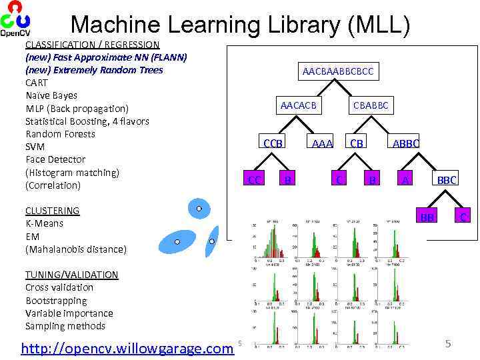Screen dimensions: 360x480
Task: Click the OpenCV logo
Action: pyautogui.click(x=14, y=19)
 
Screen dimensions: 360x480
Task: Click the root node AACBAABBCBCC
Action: pyautogui.click(x=338, y=71)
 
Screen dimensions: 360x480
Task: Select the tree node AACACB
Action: pyautogui.click(x=298, y=105)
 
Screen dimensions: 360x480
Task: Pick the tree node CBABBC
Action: pyautogui.click(x=371, y=105)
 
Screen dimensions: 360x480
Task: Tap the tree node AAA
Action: pyautogui.click(x=322, y=143)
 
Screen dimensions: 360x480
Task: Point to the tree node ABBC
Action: pyautogui.click(x=406, y=143)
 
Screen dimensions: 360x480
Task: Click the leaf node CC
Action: pyautogui.click(x=254, y=179)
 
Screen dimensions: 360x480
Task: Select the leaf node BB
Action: pyautogui.click(x=427, y=217)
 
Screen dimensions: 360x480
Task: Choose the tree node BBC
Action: pyautogui.click(x=447, y=179)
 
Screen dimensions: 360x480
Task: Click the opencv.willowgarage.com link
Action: pyautogui.click(x=127, y=348)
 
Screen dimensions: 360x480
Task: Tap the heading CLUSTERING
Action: pyautogui.click(x=52, y=211)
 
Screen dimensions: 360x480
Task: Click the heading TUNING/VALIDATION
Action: pyautogui.click(x=71, y=275)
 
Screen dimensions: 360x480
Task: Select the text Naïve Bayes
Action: pyautogui.click(x=51, y=95)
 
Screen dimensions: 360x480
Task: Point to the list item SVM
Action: pyautogui.click(x=35, y=147)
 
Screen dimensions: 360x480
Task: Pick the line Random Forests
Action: pyautogui.click(x=60, y=134)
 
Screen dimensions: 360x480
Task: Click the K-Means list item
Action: pyautogui.click(x=44, y=223)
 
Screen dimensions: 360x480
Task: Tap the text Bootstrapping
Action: pyautogui.click(x=56, y=301)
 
